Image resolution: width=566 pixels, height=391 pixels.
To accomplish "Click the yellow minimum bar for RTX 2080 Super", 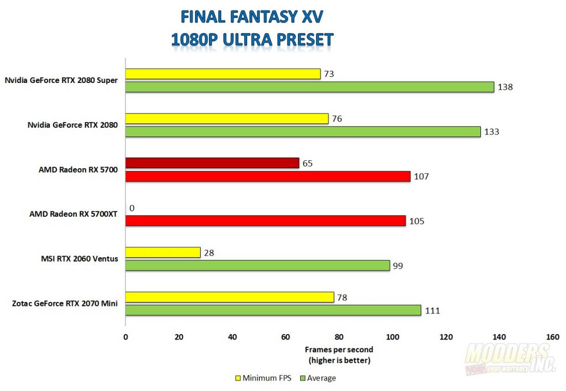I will point(223,74).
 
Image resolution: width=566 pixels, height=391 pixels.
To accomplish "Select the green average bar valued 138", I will point(310,87).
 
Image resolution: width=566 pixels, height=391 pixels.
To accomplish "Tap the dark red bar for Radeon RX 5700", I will point(212,163).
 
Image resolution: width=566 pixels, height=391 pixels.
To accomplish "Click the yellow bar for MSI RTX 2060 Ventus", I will point(163,252).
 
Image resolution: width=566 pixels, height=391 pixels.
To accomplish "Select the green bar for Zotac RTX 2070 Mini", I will point(273,310).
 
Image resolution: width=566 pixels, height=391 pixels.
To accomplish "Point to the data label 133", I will point(491,132).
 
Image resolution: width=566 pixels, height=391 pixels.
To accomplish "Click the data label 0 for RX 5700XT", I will point(132,208).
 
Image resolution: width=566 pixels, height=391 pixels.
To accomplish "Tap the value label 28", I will point(208,253).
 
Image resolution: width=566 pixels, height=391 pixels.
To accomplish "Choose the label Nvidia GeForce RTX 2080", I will point(72,125).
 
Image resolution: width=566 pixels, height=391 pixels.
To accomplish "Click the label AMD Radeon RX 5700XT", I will point(74,214).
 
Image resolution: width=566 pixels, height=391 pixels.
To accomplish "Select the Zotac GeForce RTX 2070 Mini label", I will point(65,303).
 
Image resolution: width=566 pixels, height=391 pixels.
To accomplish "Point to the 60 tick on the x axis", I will point(286,337).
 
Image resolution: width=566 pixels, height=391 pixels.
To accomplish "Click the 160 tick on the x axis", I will point(552,337).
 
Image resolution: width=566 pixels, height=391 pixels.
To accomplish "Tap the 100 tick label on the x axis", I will point(392,337).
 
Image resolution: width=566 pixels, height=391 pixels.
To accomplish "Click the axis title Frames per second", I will point(339,350).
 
